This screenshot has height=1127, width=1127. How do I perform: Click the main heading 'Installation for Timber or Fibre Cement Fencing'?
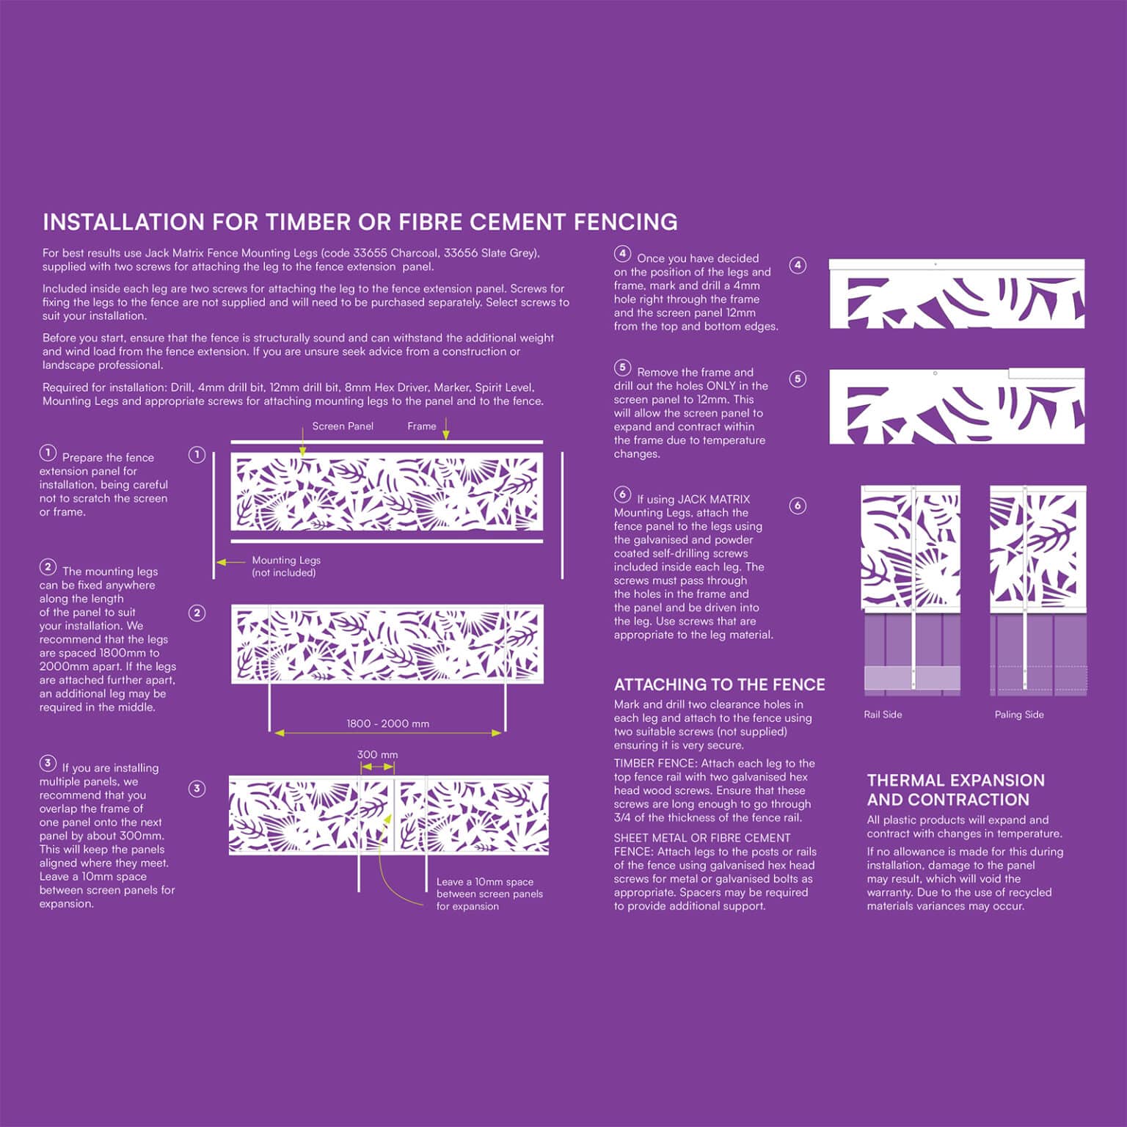point(360,222)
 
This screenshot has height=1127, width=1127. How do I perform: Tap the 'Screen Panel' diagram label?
point(343,426)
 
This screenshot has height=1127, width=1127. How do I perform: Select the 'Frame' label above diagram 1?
point(421,426)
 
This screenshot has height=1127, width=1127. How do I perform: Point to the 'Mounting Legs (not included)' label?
point(286,566)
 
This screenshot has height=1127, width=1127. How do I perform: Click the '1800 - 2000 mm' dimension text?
point(387,723)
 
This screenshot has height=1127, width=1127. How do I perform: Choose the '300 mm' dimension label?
point(377,754)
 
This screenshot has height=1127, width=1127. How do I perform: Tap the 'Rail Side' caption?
point(883,715)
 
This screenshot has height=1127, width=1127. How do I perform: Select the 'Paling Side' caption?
point(1018,715)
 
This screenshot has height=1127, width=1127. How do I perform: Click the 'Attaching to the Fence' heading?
point(719,685)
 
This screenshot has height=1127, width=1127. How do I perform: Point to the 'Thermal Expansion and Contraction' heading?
point(955,790)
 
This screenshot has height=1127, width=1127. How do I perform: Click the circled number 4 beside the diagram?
point(798,266)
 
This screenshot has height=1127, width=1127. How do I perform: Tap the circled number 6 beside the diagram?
point(798,506)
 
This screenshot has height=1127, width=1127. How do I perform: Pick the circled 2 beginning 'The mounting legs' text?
point(48,567)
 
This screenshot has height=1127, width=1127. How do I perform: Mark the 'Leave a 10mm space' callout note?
point(489,894)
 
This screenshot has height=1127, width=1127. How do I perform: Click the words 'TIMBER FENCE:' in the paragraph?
point(655,764)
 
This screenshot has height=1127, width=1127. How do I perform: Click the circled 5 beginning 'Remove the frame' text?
point(622,368)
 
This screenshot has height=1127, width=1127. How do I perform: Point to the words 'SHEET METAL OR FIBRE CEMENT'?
point(702,838)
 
